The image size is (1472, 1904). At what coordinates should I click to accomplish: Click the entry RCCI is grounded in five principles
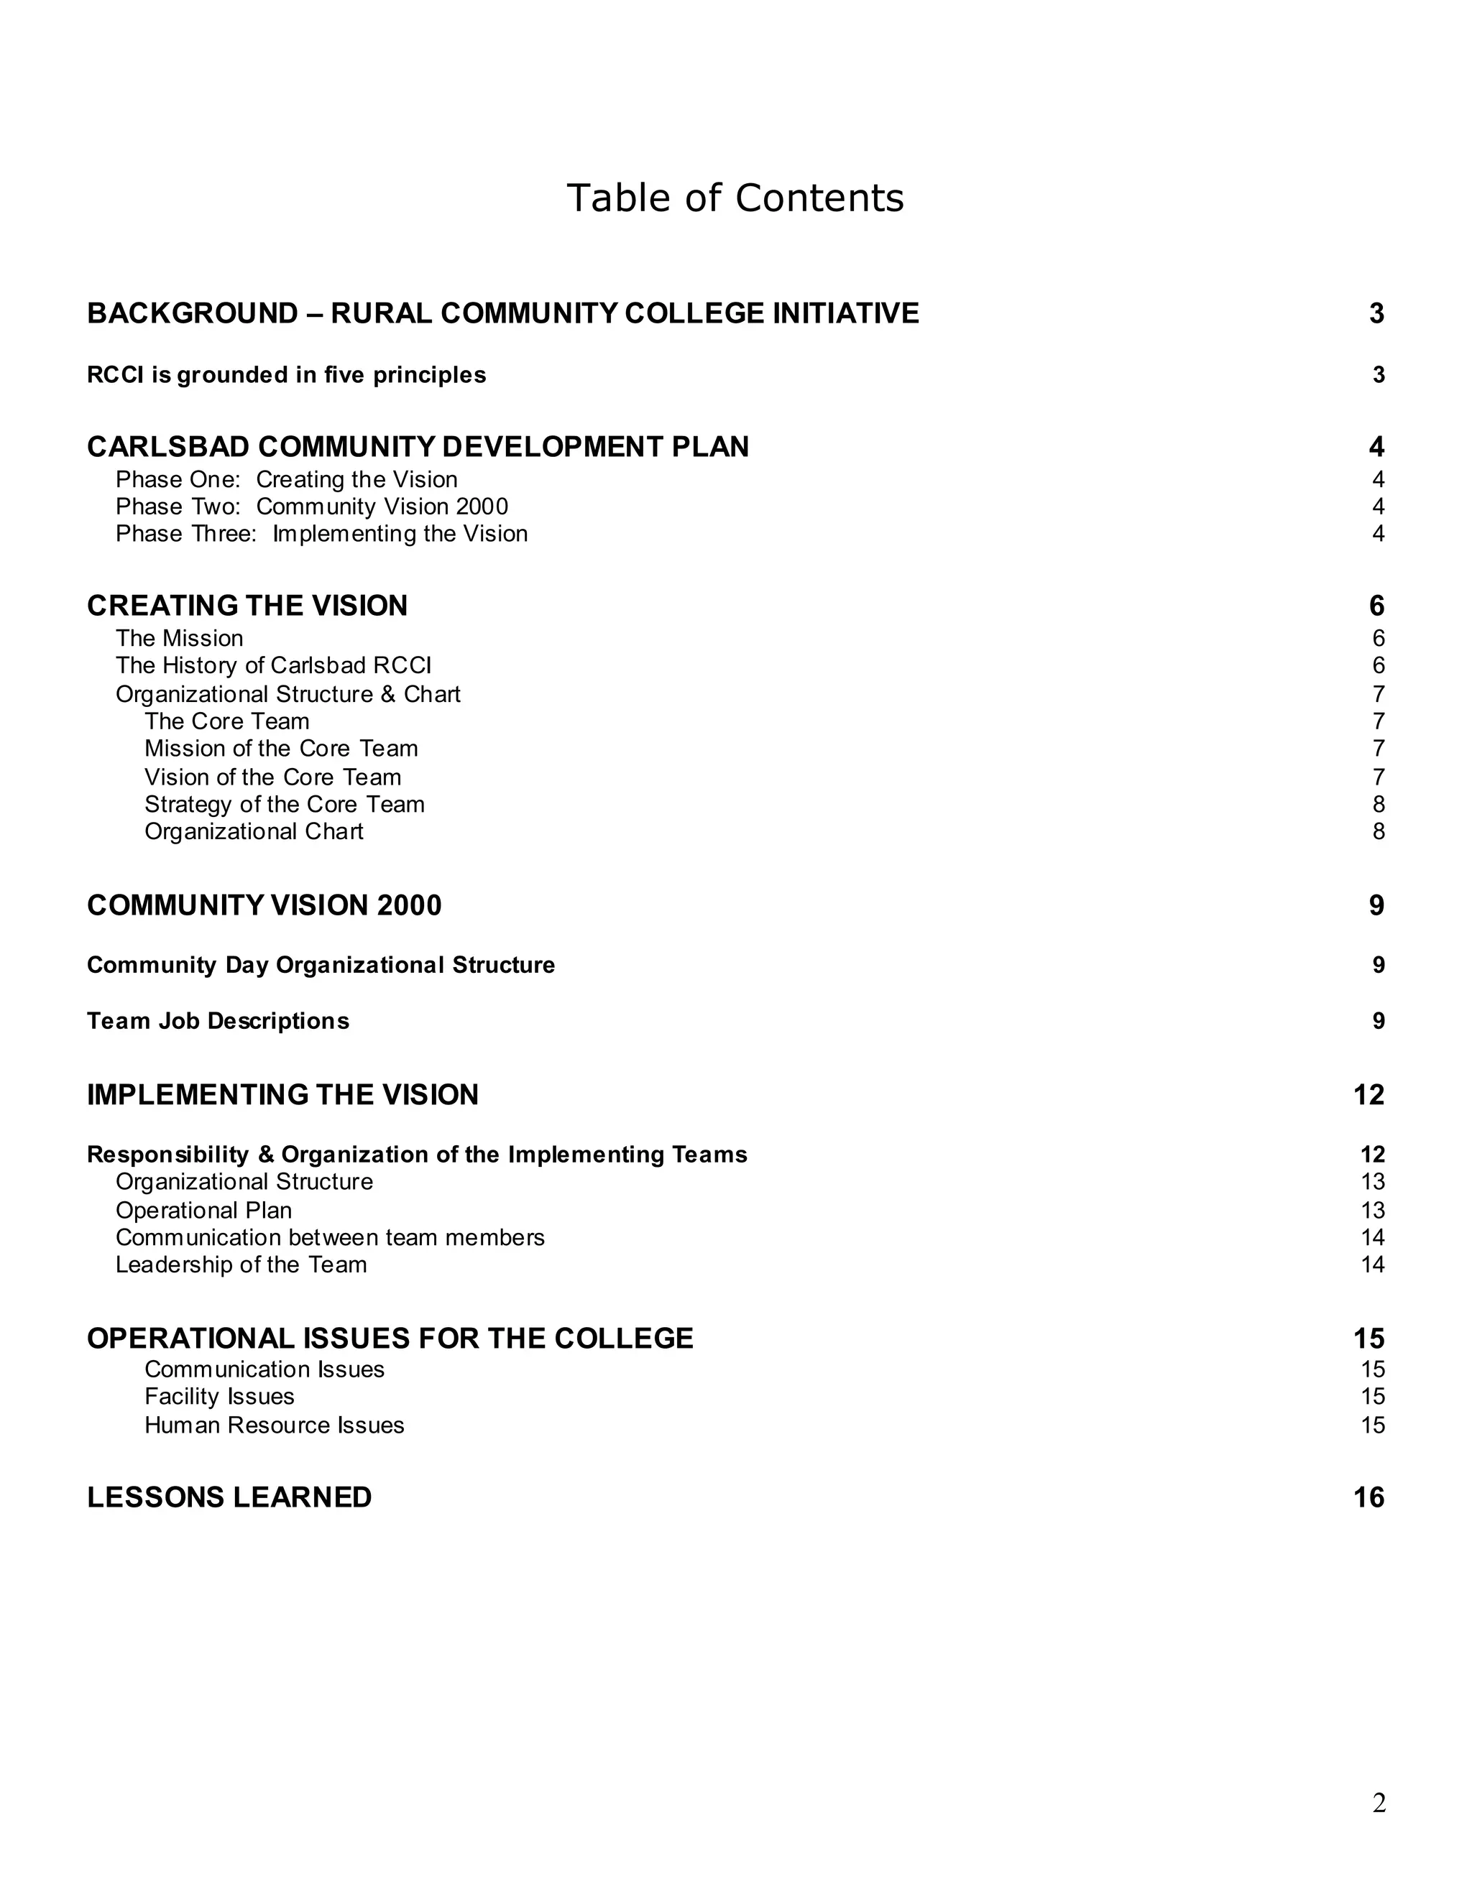click(x=286, y=375)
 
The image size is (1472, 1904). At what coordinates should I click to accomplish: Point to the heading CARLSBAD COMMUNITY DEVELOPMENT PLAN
click(x=418, y=446)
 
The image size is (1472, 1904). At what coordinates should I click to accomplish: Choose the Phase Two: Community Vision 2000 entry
click(x=311, y=507)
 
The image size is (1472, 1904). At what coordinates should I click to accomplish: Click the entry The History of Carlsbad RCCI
click(x=273, y=665)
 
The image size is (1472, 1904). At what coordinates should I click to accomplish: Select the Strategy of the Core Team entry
click(x=285, y=804)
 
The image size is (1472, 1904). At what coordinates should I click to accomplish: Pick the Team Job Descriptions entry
click(x=218, y=1021)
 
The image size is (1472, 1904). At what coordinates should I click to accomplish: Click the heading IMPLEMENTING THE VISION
click(x=282, y=1094)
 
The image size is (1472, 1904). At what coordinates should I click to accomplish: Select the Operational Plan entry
click(x=203, y=1210)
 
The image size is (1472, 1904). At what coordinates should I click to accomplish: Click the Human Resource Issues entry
click(x=274, y=1425)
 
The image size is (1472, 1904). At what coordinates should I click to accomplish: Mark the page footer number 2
click(x=1379, y=1802)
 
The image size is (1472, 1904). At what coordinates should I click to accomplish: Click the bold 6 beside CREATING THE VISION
click(x=1376, y=606)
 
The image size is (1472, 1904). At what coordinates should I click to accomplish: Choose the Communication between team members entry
click(x=330, y=1237)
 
